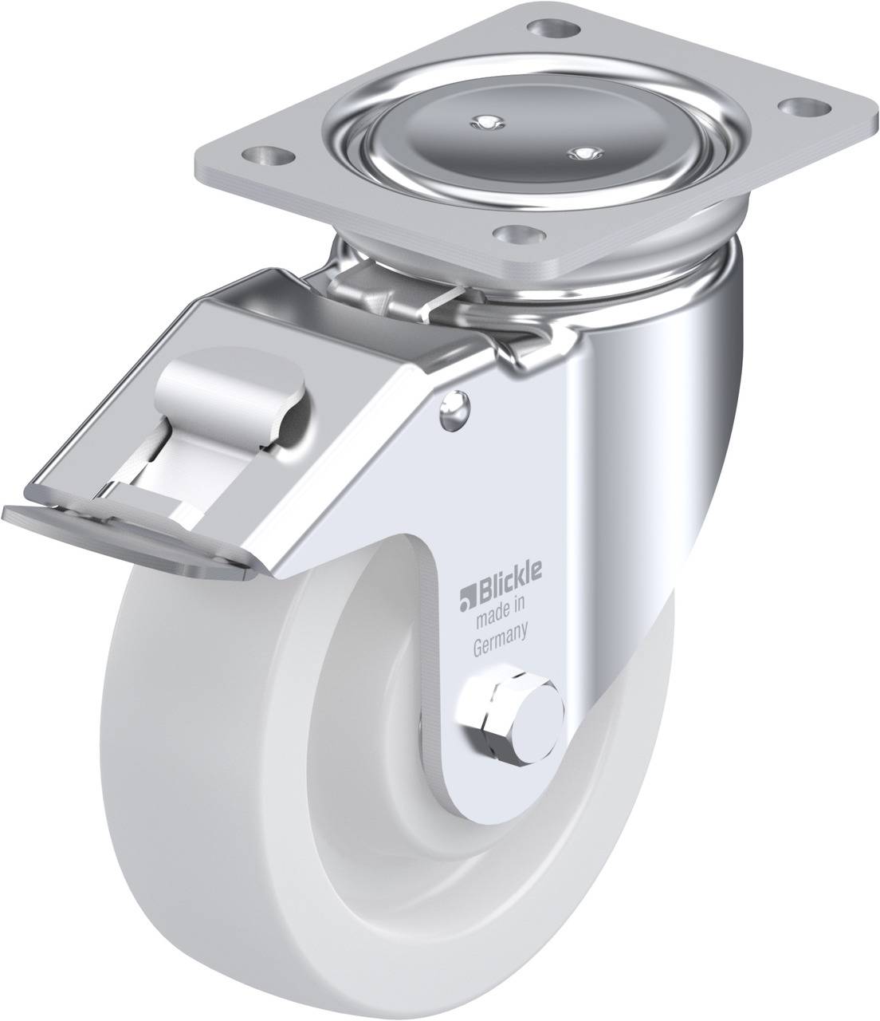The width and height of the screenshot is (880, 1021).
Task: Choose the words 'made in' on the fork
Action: tap(500, 612)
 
